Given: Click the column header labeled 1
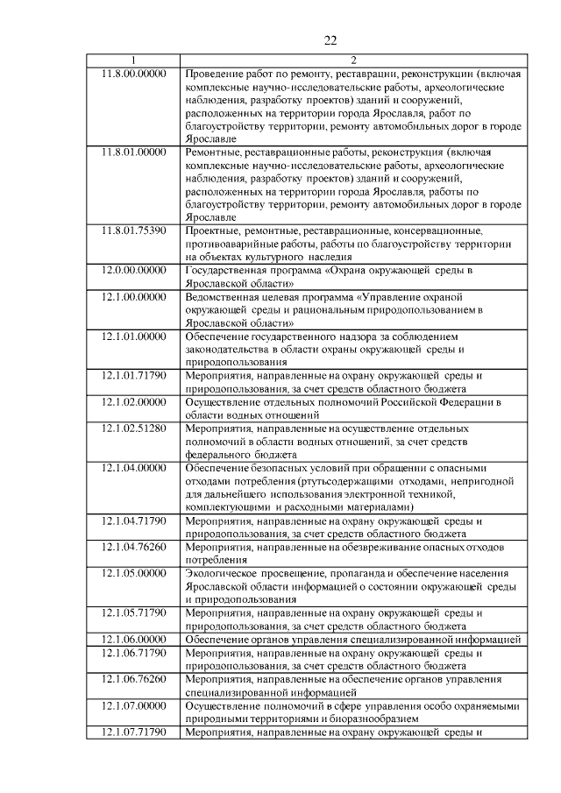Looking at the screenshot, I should tap(133, 60).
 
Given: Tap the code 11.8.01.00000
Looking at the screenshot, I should tap(133, 152).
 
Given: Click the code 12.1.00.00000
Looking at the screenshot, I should tap(133, 297).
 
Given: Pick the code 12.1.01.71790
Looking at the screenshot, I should tap(133, 375).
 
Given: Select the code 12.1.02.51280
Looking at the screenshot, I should tap(133, 428).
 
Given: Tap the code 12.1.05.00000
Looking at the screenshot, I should tap(133, 573).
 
